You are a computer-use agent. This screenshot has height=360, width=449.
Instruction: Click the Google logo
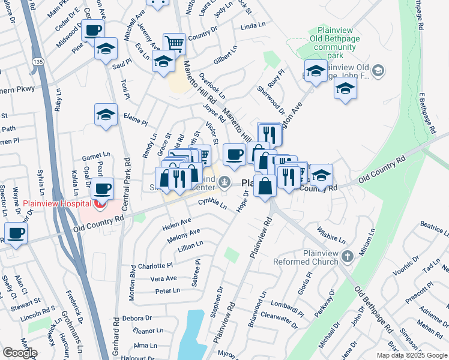(20, 353)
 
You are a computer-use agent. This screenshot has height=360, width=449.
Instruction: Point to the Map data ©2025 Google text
(412, 355)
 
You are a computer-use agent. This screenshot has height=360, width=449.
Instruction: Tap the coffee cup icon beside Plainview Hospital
(102, 188)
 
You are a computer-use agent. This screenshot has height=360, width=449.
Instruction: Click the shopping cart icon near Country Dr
(174, 43)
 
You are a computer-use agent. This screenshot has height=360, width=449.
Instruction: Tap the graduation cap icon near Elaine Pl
(106, 115)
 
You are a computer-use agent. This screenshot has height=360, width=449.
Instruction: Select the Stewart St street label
(25, 299)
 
